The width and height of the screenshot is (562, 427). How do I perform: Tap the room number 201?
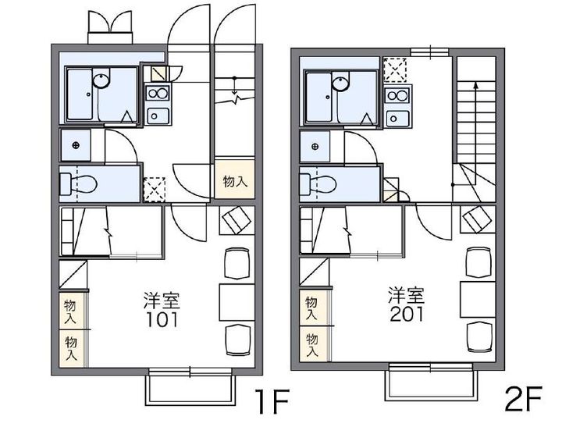pos(407,315)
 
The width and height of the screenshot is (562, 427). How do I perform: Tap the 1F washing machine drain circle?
pos(76,146)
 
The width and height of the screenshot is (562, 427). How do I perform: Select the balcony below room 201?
pos(430,383)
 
